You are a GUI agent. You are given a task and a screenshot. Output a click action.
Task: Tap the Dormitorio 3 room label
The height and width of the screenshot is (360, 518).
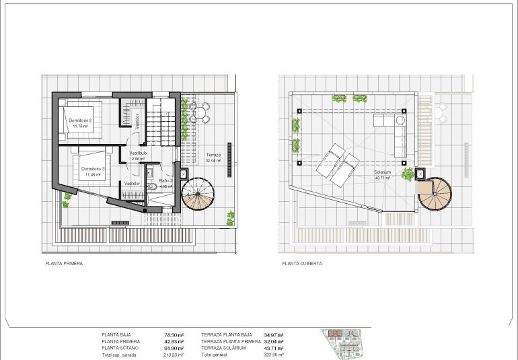point(92,169)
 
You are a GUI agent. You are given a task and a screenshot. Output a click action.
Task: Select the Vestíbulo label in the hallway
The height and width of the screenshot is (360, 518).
point(138,153)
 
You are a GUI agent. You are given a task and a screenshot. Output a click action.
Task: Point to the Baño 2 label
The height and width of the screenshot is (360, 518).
point(166,180)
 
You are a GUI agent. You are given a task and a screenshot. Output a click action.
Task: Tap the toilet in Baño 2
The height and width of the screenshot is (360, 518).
point(153,188)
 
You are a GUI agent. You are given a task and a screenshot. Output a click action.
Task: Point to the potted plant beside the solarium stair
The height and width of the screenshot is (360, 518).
point(408,174)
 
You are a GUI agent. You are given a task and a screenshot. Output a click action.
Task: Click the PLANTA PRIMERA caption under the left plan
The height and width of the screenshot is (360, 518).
point(64,264)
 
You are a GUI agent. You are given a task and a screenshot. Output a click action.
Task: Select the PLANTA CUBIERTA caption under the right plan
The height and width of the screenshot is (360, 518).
point(302,264)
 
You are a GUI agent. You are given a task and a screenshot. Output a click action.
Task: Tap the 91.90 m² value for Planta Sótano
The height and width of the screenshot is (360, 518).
point(174,348)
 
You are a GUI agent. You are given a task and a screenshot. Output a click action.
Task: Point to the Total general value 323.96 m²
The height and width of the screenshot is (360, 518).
point(274,355)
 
